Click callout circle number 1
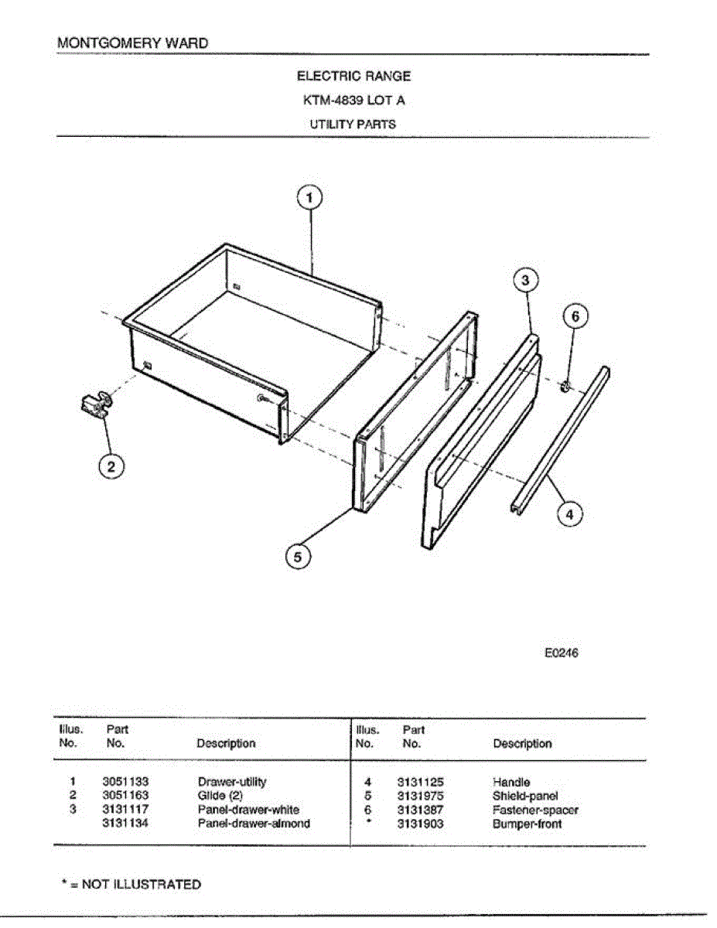tap(309, 199)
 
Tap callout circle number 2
tap(111, 466)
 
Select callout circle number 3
tap(525, 281)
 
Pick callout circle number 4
tap(569, 513)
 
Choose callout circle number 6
tap(575, 316)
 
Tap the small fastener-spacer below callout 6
tap(565, 384)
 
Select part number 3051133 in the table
tap(125, 782)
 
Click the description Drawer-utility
tap(232, 782)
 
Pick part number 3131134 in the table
tap(125, 824)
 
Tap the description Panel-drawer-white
tap(248, 810)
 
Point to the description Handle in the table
tap(511, 782)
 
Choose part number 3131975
tap(421, 796)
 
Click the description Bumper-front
tap(528, 824)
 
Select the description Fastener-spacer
tap(535, 810)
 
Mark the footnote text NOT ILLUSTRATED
tap(142, 885)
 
